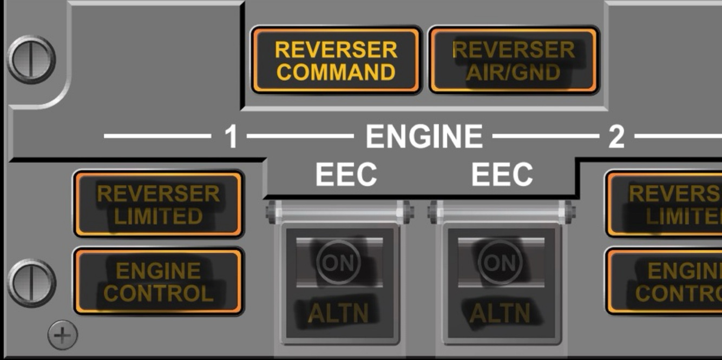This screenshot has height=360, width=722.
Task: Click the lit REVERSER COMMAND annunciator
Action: (336, 60)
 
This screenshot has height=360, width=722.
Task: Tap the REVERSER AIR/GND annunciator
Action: (513, 60)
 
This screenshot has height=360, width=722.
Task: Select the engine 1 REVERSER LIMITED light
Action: (158, 205)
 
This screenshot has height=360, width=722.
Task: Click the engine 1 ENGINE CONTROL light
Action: (158, 282)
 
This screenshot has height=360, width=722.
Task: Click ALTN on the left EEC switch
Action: (339, 313)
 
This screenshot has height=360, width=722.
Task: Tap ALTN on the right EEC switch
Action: (500, 313)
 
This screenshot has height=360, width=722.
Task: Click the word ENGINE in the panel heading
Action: (424, 136)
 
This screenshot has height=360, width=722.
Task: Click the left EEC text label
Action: (346, 175)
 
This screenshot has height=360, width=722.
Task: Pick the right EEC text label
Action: (502, 175)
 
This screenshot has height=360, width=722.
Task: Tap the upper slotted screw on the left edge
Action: (31, 59)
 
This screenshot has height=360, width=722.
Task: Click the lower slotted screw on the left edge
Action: (31, 283)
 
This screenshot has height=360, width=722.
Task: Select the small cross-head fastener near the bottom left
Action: (62, 336)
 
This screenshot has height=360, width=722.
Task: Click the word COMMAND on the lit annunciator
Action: (336, 72)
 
